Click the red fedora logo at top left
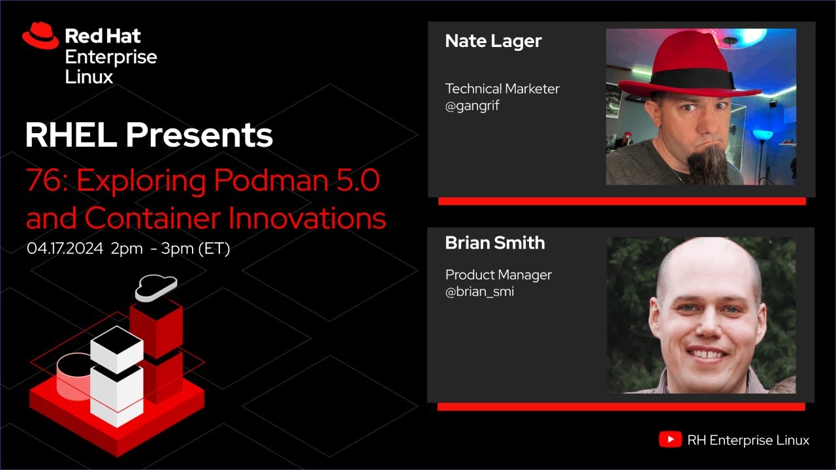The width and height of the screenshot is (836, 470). [40, 36]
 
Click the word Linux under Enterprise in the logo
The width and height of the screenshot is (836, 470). [89, 77]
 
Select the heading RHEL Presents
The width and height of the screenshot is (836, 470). [149, 135]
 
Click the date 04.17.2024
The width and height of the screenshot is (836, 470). [65, 249]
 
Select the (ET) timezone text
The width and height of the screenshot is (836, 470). [214, 249]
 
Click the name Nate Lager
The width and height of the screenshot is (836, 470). [493, 41]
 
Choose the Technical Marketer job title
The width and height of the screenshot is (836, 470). [502, 89]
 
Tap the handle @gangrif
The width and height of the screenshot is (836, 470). [472, 105]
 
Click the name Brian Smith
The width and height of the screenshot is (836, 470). [494, 243]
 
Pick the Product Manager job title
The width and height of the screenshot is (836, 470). [498, 275]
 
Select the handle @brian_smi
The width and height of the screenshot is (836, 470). [479, 291]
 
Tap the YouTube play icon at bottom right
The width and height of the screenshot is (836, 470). [669, 440]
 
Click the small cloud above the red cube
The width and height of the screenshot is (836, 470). [156, 287]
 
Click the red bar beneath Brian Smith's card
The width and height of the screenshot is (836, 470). [620, 407]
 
